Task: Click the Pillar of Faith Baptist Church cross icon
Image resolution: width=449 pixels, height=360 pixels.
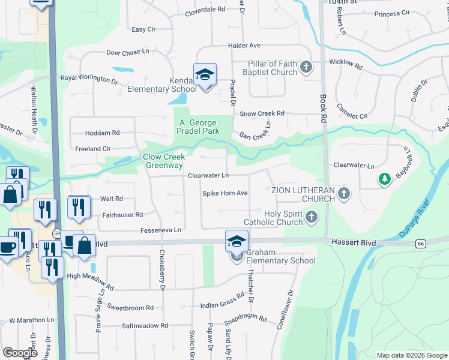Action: click(x=306, y=67)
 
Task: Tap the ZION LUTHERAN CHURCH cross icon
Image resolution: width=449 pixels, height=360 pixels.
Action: click(x=343, y=193)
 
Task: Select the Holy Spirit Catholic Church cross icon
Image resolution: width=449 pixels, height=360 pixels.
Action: click(x=311, y=217)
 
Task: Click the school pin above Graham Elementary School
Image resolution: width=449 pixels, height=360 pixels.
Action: click(x=237, y=241)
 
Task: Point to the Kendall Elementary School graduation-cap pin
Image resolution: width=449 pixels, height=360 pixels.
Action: click(x=205, y=75)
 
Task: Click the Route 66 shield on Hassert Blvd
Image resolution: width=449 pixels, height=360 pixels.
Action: click(x=421, y=243)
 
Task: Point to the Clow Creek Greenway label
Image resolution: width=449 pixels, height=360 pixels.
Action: click(x=163, y=161)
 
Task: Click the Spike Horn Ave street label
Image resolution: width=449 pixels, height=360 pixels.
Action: click(x=225, y=193)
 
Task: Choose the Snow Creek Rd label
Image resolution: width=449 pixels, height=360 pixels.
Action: click(x=262, y=113)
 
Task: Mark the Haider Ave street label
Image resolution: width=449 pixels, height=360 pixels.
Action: click(x=244, y=45)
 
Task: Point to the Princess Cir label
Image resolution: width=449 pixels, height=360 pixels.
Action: click(x=391, y=13)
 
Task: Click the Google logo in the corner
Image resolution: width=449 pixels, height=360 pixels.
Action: click(x=20, y=353)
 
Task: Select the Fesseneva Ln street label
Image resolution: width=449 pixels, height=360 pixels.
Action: click(x=161, y=230)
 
